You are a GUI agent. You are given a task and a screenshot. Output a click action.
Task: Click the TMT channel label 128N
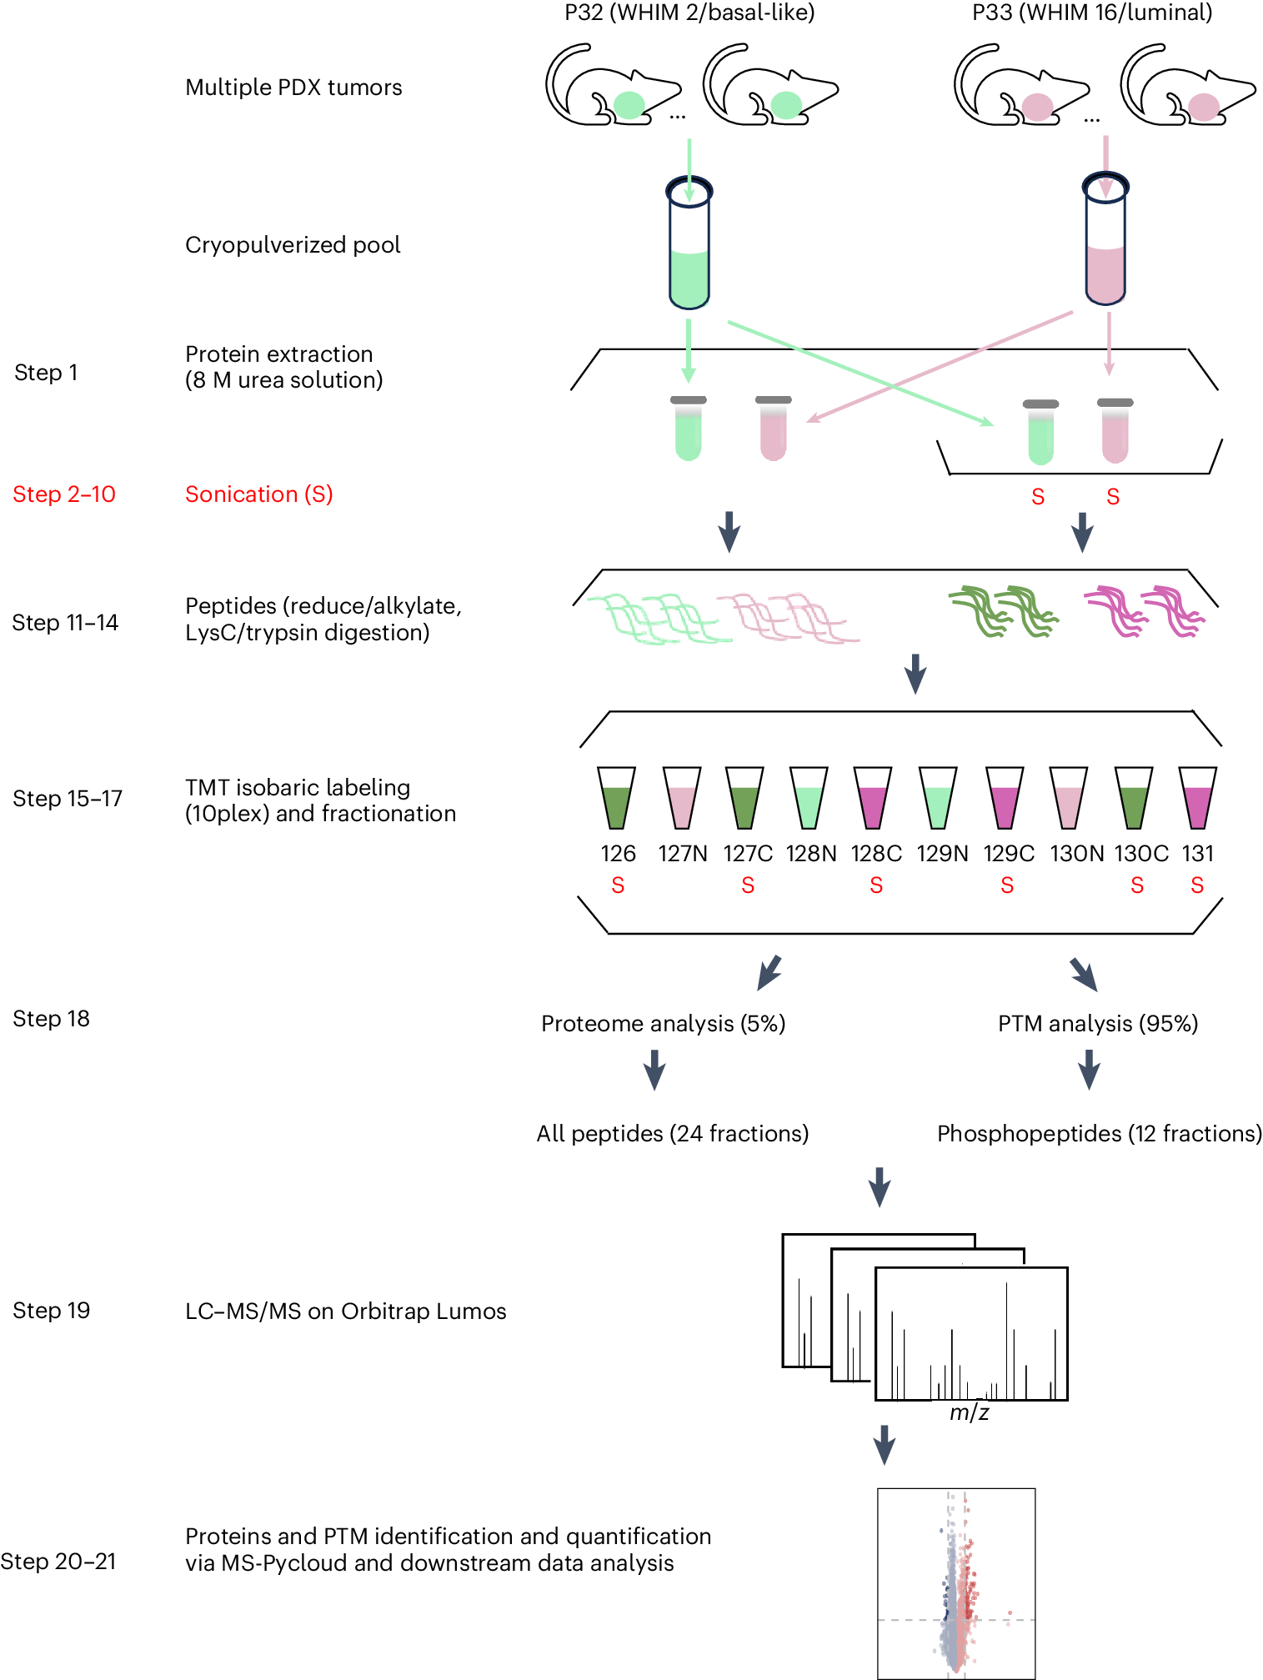810,854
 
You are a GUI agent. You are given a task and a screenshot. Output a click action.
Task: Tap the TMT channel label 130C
1140,854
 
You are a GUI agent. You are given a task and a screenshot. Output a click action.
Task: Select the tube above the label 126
616,798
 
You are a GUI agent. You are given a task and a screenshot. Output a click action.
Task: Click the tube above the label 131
1197,798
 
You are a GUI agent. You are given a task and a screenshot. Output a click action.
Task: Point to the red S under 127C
748,885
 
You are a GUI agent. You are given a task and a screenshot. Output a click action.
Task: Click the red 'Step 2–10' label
64,494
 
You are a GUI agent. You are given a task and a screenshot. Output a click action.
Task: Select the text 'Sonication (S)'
258,494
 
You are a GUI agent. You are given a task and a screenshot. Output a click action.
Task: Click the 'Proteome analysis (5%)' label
663,1024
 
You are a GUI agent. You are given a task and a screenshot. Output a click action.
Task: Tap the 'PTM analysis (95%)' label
1097,1024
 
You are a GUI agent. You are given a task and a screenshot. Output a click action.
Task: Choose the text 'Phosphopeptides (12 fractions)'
1099,1134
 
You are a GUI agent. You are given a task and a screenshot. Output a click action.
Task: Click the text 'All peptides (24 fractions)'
672,1134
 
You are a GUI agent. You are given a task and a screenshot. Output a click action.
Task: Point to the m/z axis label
969,1412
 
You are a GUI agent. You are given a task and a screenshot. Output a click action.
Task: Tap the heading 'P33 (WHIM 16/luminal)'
1092,13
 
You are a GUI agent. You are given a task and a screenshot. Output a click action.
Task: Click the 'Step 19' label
51,1311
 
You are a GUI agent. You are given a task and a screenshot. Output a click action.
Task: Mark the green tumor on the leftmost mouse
629,105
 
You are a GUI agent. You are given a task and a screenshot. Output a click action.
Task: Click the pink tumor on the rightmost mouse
1203,107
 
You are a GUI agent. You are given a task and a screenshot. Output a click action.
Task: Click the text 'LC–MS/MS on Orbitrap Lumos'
345,1311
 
